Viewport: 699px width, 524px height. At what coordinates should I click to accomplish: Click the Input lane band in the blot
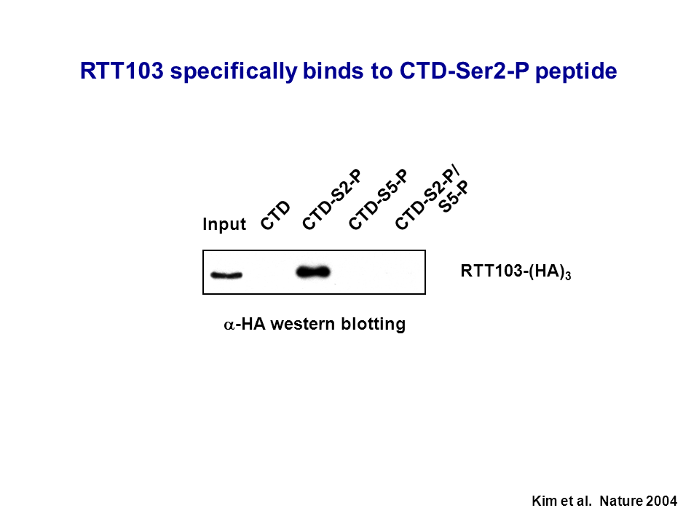pos(226,275)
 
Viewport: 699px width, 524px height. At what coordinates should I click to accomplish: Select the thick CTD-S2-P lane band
pos(313,271)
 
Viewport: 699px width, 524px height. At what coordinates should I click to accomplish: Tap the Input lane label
pos(224,223)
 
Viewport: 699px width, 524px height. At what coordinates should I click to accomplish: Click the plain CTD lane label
pos(275,215)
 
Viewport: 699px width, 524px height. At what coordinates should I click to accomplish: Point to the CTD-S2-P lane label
pos(332,200)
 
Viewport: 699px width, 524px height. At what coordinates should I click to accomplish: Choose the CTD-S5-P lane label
pos(378,200)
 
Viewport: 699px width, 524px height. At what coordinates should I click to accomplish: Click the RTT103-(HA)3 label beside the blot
pos(516,271)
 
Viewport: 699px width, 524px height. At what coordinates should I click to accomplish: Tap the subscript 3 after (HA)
pos(568,277)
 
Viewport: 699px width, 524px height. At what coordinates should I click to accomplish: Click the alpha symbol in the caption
pos(229,325)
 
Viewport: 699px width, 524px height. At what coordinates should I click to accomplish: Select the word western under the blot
pos(303,324)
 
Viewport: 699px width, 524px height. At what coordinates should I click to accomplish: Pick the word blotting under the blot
pos(374,324)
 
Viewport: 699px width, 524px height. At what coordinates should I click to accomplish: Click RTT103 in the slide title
pos(122,71)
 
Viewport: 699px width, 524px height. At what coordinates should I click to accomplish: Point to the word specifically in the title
pos(234,71)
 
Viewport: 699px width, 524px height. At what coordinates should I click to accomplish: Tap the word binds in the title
pos(333,71)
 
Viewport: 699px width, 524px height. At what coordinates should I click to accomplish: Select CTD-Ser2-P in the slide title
pos(464,71)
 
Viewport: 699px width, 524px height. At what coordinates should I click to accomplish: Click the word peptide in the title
pos(576,71)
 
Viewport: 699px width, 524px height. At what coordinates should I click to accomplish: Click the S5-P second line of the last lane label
pos(454,196)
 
